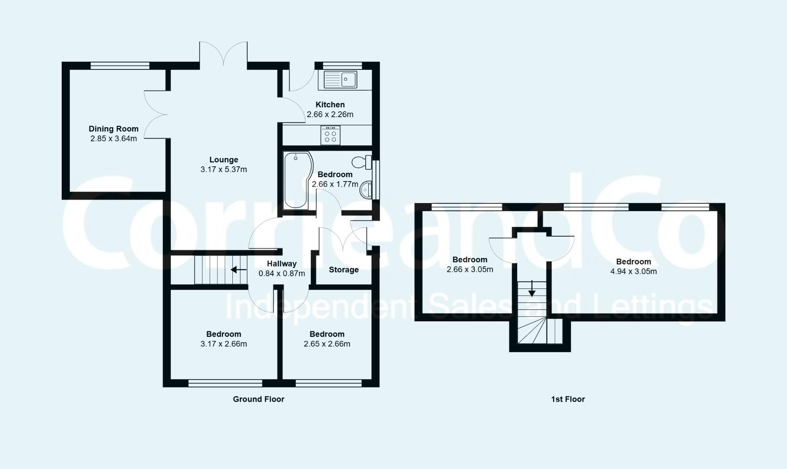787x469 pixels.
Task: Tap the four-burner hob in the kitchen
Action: point(330,135)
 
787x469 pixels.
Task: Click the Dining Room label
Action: point(113,129)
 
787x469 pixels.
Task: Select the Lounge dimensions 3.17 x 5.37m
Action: point(224,169)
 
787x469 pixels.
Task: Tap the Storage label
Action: point(344,270)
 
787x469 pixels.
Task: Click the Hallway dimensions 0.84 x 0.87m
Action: point(281,274)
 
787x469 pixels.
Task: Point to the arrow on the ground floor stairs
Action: point(238,270)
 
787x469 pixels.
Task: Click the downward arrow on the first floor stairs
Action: point(532,288)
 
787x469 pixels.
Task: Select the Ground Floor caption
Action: point(258,399)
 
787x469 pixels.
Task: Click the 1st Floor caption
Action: point(568,399)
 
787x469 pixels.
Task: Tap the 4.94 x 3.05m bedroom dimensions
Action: point(633,271)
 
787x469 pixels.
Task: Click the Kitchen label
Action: point(330,105)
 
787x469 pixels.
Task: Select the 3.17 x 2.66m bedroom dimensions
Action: point(224,344)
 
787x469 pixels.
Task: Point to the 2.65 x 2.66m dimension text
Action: point(327,344)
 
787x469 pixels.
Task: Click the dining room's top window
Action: point(120,66)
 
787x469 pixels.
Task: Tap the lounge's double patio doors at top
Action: point(223,54)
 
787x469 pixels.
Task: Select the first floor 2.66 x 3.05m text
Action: point(470,269)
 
